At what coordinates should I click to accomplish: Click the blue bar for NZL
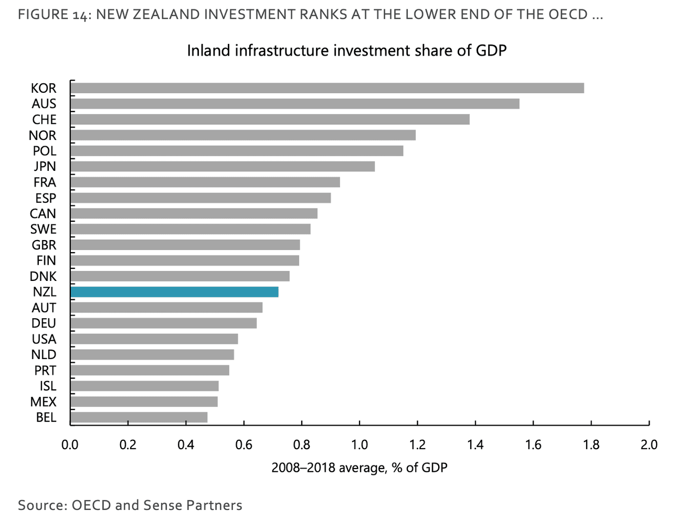(174, 292)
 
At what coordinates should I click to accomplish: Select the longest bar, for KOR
(327, 88)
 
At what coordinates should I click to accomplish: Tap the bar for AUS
(294, 104)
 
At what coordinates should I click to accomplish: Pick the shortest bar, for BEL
(139, 417)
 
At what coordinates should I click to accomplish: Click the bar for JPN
(223, 167)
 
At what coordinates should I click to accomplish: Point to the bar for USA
(154, 339)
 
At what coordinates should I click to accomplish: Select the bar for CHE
(270, 120)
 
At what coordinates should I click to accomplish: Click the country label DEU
(44, 323)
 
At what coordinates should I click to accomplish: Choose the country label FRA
(45, 182)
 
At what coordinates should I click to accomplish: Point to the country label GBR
(44, 245)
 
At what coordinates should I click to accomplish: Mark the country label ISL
(48, 386)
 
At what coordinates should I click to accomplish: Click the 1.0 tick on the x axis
(359, 445)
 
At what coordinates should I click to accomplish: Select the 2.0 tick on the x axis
(649, 445)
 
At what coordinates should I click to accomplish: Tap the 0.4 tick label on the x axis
(185, 445)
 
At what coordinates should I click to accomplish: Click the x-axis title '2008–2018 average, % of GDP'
(359, 467)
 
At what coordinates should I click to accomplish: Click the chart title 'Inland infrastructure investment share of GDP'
(346, 51)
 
